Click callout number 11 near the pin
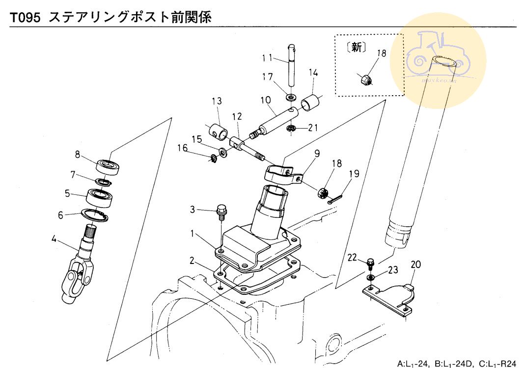[x=267, y=58]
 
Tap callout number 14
[x=313, y=74]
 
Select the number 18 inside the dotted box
[x=382, y=53]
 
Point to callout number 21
[x=313, y=128]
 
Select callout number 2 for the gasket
[x=192, y=260]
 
